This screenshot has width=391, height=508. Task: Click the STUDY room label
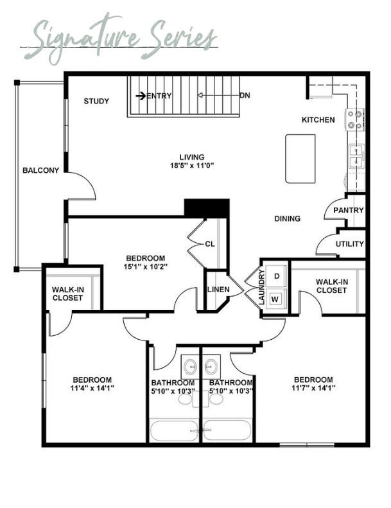96,101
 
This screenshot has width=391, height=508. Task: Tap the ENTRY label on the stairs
159,96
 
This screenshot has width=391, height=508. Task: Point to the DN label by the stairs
245,96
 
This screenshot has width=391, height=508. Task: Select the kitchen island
300,159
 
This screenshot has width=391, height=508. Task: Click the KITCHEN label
318,120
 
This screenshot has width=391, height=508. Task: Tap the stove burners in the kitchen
354,119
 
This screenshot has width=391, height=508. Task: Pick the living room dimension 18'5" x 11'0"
192,166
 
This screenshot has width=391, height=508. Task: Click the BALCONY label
41,170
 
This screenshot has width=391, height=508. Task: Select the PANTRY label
349,210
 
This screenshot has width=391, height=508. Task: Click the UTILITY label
349,243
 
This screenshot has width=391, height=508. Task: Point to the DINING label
288,219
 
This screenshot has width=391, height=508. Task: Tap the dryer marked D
276,276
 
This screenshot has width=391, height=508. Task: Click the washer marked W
275,299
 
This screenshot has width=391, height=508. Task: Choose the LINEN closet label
218,289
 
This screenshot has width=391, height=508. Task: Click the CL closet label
210,244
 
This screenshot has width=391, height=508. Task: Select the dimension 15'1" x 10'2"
145,267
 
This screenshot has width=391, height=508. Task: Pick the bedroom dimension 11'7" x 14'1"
313,388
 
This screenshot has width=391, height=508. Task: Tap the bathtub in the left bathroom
173,430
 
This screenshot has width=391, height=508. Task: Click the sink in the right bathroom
212,367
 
